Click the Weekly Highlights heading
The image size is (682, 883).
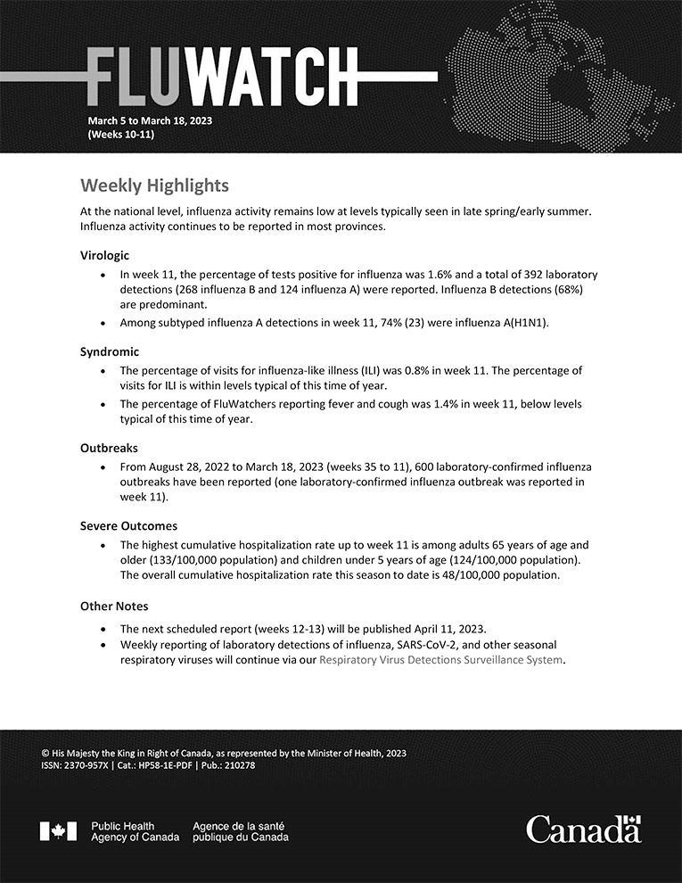click(154, 186)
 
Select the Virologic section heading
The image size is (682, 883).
click(104, 254)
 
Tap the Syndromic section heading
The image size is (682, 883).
click(110, 351)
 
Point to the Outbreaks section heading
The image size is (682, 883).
click(110, 448)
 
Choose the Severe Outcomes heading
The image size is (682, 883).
click(128, 525)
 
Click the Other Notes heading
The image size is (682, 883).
click(114, 606)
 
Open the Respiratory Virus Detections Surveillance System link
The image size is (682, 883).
click(441, 660)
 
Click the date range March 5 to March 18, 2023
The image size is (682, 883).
click(150, 120)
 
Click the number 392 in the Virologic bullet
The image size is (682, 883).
click(511, 275)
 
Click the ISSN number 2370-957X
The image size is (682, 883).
click(86, 765)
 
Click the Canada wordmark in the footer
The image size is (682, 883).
click(584, 829)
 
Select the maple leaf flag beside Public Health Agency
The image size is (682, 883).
click(58, 831)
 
